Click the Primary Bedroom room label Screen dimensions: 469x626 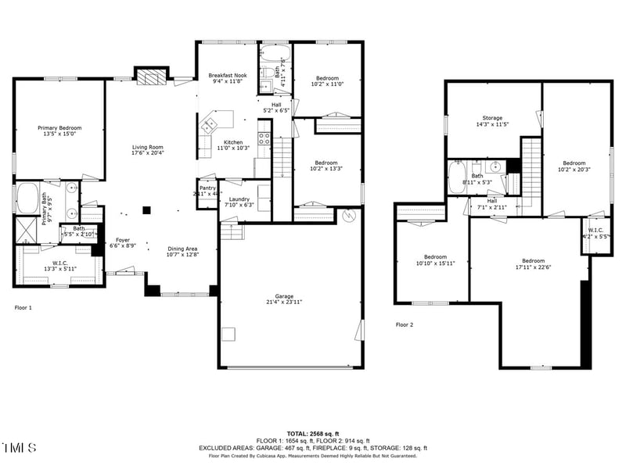59,127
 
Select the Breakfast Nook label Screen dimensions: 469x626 227,76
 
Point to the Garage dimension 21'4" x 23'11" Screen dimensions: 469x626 284,302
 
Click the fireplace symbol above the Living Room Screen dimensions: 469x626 151,76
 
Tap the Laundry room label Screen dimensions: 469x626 239,199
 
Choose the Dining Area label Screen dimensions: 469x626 182,249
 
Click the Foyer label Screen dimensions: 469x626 123,240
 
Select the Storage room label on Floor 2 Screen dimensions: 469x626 492,118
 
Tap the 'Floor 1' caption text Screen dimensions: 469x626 23,308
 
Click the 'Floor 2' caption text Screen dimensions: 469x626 404,324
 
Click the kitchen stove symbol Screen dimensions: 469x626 264,140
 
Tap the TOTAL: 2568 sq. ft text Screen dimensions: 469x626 313,433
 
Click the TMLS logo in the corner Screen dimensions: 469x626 20,448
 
